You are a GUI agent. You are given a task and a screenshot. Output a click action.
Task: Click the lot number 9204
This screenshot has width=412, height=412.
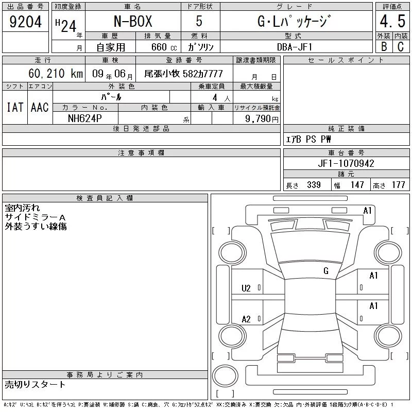[25, 22]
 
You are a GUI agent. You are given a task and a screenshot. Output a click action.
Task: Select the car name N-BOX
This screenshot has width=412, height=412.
[133, 21]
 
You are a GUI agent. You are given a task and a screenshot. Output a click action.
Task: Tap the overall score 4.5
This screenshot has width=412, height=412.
[392, 21]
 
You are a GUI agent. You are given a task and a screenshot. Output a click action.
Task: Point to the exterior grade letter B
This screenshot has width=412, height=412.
[384, 46]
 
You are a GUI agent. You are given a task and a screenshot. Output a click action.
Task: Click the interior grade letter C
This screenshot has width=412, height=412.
[401, 46]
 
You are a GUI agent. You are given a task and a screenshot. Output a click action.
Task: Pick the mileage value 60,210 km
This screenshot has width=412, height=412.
[56, 73]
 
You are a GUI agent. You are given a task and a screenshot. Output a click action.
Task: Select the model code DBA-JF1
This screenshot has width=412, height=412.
[295, 47]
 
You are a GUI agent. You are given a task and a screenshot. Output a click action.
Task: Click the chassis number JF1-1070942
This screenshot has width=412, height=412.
[346, 163]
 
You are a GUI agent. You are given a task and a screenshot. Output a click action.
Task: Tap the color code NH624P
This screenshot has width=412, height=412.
[85, 118]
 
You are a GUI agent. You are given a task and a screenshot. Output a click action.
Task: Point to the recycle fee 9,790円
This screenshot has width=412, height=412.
[262, 119]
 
